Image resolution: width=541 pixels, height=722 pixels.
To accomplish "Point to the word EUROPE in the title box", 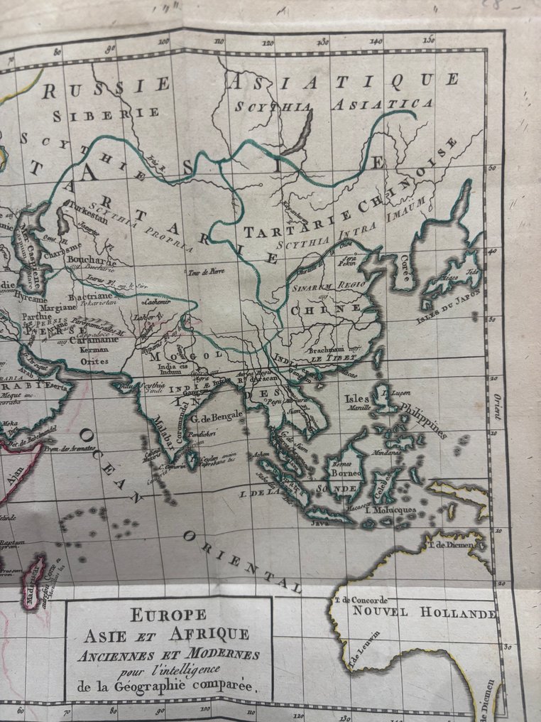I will coord(168,615).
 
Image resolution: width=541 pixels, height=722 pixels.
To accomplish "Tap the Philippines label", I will coord(425,420).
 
